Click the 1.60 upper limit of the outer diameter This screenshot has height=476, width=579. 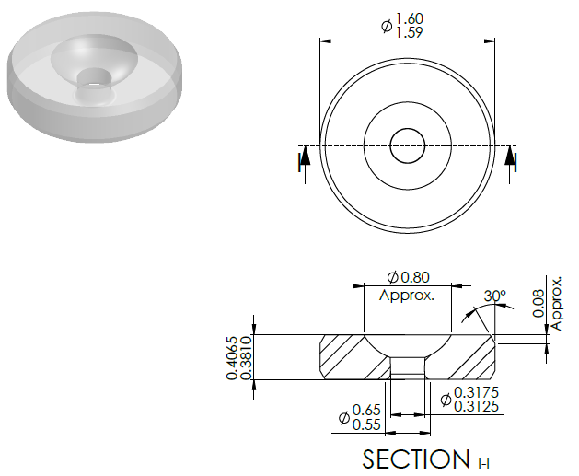[x=410, y=18]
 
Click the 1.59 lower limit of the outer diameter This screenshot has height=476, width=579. [x=409, y=32]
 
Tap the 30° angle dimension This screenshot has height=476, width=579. [x=495, y=296]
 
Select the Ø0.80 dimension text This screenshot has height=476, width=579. [x=409, y=277]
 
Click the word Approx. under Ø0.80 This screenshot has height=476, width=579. [x=407, y=296]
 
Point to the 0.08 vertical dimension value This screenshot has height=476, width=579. [x=538, y=303]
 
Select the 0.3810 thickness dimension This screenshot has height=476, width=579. [x=247, y=358]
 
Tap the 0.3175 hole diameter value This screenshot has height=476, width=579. [x=476, y=392]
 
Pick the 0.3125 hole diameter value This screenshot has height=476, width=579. [x=476, y=406]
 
